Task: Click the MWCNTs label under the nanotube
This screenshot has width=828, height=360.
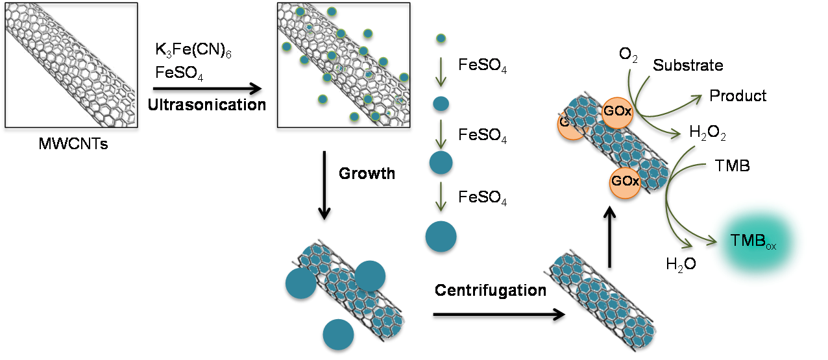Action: pyautogui.click(x=73, y=144)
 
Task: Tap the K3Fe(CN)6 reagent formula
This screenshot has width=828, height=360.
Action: pyautogui.click(x=193, y=50)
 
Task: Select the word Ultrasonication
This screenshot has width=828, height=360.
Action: pyautogui.click(x=207, y=105)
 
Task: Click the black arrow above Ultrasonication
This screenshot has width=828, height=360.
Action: pyautogui.click(x=208, y=89)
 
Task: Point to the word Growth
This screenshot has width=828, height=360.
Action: pyautogui.click(x=367, y=174)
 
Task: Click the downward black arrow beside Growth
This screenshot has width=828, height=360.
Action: pyautogui.click(x=324, y=185)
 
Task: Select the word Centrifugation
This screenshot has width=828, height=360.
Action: pyautogui.click(x=491, y=291)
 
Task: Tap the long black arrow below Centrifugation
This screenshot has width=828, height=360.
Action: pyautogui.click(x=499, y=315)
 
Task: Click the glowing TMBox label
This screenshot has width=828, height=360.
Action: pyautogui.click(x=753, y=241)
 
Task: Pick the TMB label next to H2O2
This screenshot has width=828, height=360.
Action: pyautogui.click(x=732, y=166)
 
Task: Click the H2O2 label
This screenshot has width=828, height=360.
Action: pyautogui.click(x=707, y=132)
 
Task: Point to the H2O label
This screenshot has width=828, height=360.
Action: pyautogui.click(x=681, y=264)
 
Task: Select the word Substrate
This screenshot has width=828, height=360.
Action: pyautogui.click(x=688, y=66)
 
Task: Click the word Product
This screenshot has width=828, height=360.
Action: pyautogui.click(x=738, y=96)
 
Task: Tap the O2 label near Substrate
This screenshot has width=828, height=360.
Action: pyautogui.click(x=628, y=54)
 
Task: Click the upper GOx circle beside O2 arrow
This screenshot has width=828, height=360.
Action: pyautogui.click(x=617, y=113)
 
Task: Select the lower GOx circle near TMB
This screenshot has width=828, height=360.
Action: pyautogui.click(x=625, y=182)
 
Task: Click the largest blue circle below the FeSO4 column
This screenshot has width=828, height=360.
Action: pyautogui.click(x=441, y=237)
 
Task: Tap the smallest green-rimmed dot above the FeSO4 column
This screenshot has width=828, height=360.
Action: pyautogui.click(x=441, y=38)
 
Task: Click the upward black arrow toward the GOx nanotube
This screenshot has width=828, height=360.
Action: pyautogui.click(x=610, y=237)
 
